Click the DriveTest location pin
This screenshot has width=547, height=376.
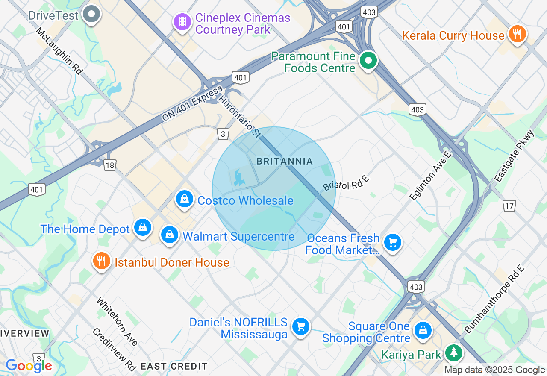91,14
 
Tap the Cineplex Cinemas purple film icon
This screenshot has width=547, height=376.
182,21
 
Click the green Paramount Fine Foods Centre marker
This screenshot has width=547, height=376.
368,61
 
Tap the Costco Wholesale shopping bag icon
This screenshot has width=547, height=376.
185,199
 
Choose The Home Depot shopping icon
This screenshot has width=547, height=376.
143,228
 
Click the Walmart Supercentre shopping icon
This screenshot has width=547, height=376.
170,235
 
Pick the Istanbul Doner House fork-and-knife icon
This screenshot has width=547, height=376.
102,261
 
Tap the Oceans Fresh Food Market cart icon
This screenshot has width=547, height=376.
392,243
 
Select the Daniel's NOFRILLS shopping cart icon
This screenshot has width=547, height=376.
301,327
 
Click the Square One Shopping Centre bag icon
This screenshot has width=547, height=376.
423,331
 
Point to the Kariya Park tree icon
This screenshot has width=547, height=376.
453,353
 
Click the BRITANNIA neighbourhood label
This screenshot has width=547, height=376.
285,162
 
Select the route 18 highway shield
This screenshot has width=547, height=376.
110,165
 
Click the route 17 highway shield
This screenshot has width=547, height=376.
509,206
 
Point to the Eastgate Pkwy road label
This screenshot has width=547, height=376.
515,157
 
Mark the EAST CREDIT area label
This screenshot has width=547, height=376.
174,366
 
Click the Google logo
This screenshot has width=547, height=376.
29,366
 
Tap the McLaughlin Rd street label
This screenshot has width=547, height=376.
59,51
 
